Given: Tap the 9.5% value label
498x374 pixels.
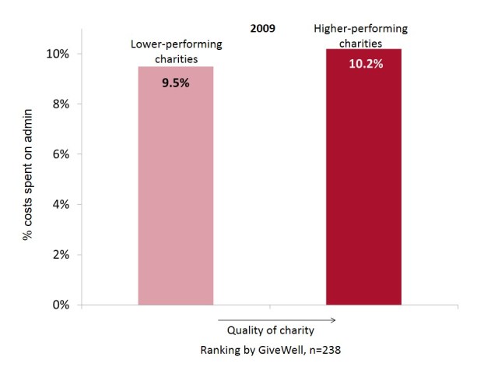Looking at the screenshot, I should (x=175, y=81).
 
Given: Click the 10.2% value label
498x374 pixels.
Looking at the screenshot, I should (x=363, y=64).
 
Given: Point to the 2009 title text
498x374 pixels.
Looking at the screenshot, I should (x=262, y=29).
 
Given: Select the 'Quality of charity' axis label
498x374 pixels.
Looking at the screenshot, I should (x=275, y=331).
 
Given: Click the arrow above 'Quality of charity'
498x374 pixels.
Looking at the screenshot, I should (x=275, y=319).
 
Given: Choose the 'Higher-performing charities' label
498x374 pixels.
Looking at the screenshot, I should (x=360, y=36).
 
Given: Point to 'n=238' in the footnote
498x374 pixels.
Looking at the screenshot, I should (x=323, y=351).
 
